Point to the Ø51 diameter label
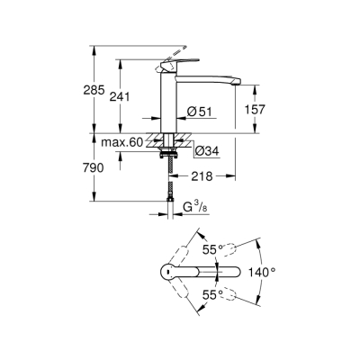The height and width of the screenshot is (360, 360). [x=199, y=111]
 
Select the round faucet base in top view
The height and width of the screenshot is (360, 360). [x=168, y=272]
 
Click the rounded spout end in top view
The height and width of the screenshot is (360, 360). [x=235, y=272]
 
